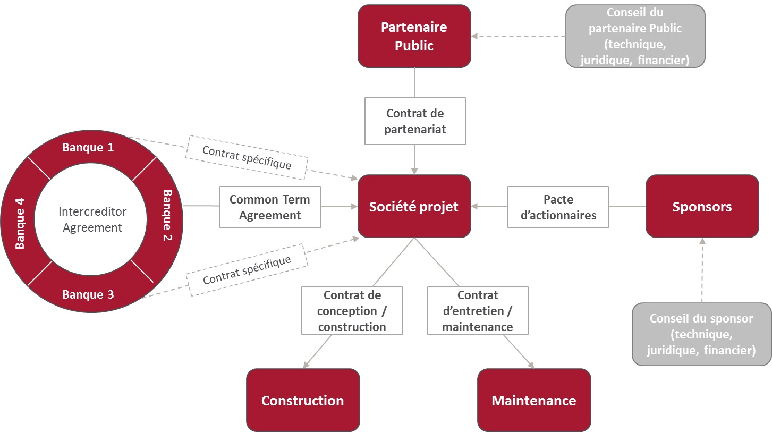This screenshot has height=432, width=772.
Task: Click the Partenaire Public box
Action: tap(414, 36)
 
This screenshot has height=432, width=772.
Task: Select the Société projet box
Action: tap(414, 206)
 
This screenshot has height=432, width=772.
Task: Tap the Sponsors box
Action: tap(702, 206)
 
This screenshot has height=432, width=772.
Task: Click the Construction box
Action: tap(303, 400)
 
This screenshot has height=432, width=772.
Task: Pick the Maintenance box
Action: tap(534, 400)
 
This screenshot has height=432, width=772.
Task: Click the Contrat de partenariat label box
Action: tap(415, 121)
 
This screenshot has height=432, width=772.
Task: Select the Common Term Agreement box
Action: tap(270, 207)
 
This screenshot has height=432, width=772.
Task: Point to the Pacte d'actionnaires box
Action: tap(558, 207)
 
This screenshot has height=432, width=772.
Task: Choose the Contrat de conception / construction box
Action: tap(352, 310)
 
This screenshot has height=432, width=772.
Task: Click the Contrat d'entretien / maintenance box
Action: tap(478, 310)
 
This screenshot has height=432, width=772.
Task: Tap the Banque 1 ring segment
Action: tap(88, 147)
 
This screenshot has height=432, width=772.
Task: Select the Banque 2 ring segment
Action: tap(167, 216)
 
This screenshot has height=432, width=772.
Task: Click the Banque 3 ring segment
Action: tap(88, 294)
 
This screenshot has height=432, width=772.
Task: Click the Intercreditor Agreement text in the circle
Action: tap(92, 219)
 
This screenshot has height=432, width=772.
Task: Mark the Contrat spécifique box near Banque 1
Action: tap(247, 157)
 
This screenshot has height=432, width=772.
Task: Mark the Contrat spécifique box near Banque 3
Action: tap(247, 269)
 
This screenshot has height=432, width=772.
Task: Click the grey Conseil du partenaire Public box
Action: tap(635, 36)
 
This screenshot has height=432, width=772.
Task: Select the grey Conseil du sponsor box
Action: tap(701, 334)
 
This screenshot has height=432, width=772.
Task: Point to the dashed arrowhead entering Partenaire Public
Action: tap(474, 36)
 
